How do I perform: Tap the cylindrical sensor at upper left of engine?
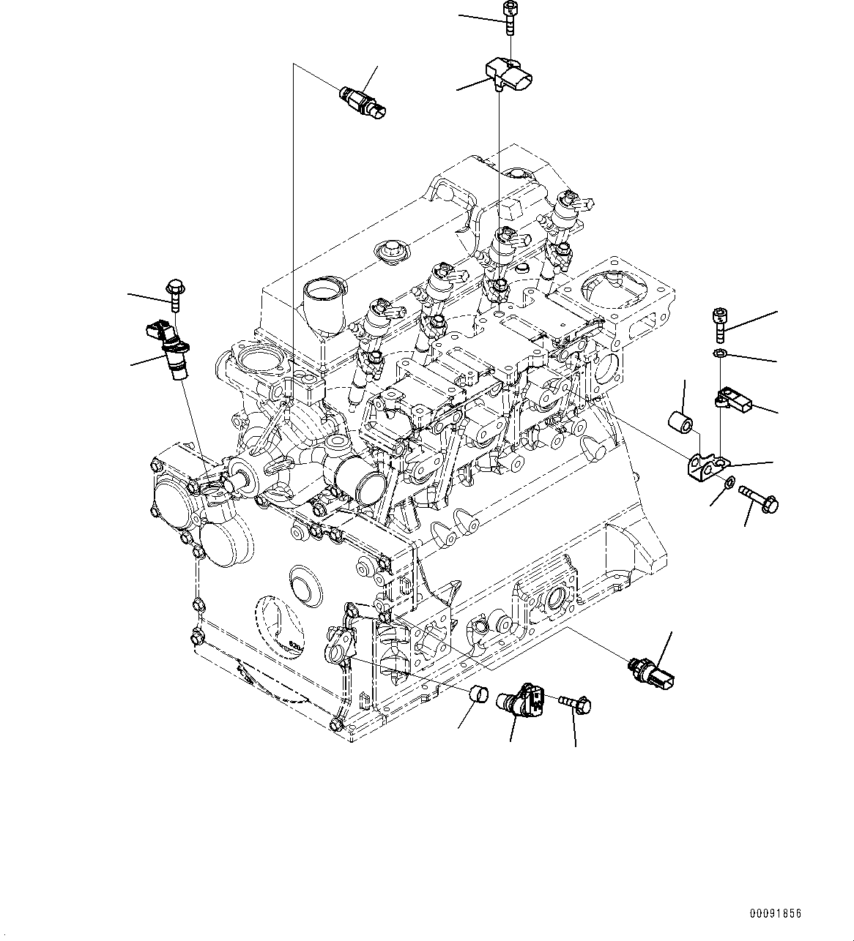[363, 102]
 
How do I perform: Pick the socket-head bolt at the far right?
[720, 325]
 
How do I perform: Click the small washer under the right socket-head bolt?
[720, 355]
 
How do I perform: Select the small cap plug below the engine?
[479, 691]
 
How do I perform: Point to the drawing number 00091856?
[775, 914]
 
